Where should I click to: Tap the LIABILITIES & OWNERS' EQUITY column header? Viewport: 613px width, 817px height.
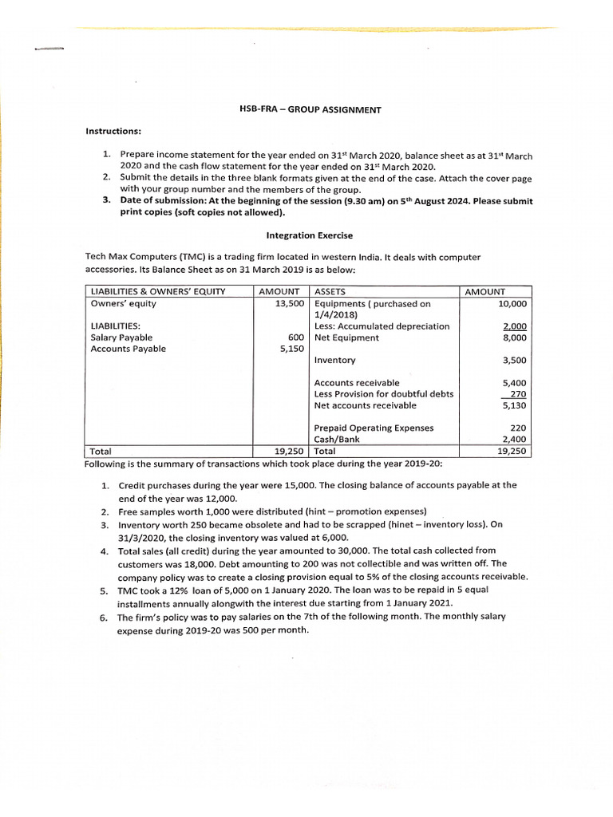point(158,292)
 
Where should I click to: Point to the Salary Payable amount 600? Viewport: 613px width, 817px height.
point(295,337)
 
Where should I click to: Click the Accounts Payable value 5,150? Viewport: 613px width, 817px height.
point(291,349)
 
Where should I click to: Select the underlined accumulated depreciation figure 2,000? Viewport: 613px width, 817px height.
point(513,326)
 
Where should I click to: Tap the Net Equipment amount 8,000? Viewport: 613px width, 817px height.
point(513,337)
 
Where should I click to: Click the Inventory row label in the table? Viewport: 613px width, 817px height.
point(335,361)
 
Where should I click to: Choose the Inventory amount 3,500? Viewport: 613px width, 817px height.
point(513,361)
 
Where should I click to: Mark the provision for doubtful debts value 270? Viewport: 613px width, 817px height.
point(517,394)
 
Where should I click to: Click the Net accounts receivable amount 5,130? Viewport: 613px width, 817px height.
point(513,405)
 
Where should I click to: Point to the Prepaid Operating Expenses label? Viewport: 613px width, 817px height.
point(374,428)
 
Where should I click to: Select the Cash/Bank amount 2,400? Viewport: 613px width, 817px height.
point(513,439)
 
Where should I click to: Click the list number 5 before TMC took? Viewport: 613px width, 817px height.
point(105,590)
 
